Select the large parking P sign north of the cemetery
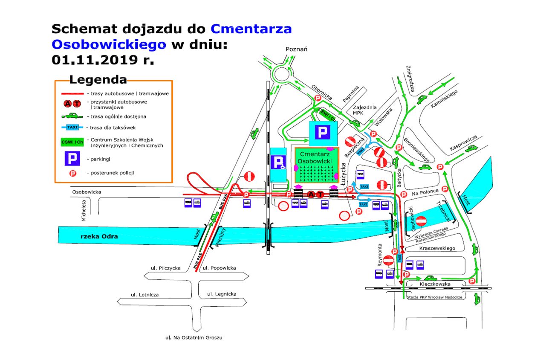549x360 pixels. point(323,133)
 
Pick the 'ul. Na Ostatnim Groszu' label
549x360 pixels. point(194,337)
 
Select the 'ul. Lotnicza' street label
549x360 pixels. point(145,295)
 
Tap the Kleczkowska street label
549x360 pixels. point(435,284)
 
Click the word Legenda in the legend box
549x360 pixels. point(98,80)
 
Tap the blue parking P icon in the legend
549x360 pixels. point(73,159)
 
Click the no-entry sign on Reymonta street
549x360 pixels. point(388,260)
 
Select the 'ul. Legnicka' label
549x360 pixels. point(221,294)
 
